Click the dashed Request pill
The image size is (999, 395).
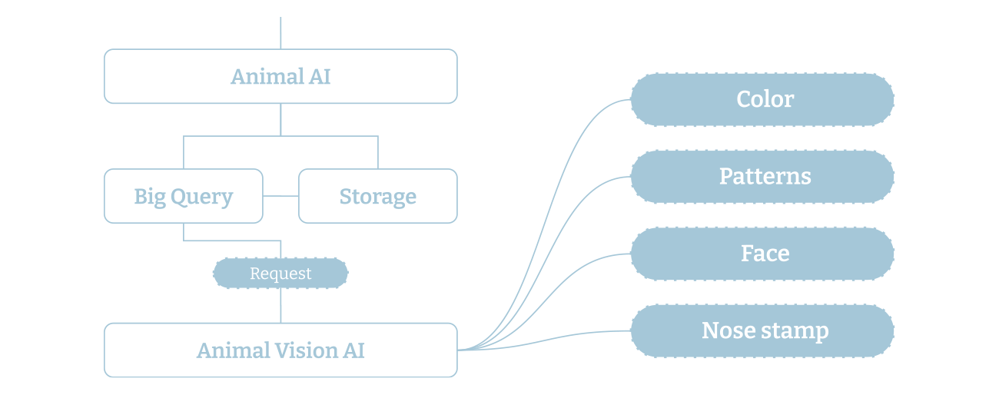click(x=280, y=274)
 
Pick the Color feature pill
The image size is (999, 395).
click(x=762, y=99)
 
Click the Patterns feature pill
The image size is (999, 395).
click(x=762, y=177)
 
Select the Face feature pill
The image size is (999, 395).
click(x=762, y=254)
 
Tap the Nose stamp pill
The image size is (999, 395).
click(x=762, y=331)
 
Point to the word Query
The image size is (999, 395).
click(x=201, y=197)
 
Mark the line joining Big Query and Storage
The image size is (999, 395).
click(x=280, y=196)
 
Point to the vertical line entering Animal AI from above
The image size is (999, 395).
click(x=280, y=32)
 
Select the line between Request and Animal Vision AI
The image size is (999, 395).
click(x=280, y=306)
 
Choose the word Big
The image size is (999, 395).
click(x=150, y=197)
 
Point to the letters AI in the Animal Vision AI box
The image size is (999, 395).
click(x=354, y=350)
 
